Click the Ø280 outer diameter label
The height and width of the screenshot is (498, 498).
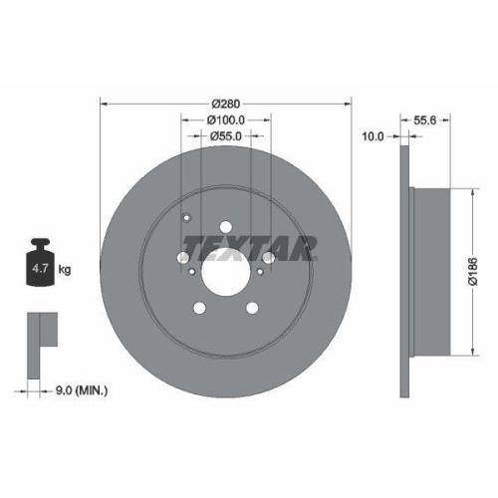point(227,104)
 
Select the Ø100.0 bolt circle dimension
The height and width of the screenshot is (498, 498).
point(226,121)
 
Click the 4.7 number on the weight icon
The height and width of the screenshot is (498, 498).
point(43,269)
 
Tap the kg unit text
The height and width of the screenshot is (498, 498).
point(65,269)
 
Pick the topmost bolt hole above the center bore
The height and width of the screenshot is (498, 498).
point(225,227)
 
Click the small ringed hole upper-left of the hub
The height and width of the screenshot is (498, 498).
point(186,222)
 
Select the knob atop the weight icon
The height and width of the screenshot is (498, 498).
point(42,243)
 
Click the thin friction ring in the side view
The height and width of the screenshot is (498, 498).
point(405,268)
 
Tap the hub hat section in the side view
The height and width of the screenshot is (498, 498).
point(438,268)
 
